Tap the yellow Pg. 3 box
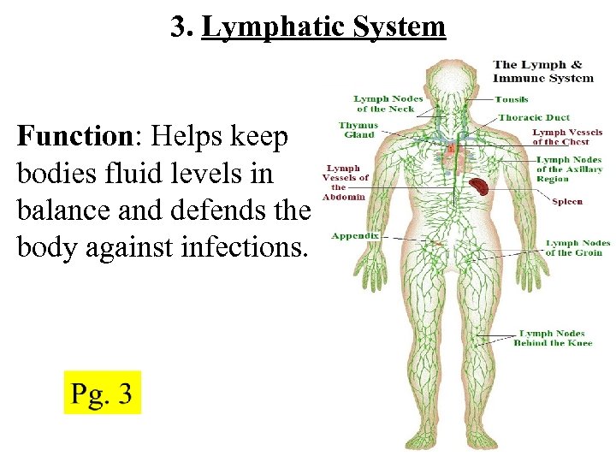point(102,393)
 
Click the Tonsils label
point(512,99)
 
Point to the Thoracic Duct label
point(534,117)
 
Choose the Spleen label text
point(567,201)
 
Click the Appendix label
point(355,235)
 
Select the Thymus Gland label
point(359,130)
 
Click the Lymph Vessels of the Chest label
point(567,137)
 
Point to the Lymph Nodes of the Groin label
point(578,248)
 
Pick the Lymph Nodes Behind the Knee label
point(553,338)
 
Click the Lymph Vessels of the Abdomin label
point(345,182)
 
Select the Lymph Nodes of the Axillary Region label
point(570,169)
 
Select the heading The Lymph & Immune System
point(543,71)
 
